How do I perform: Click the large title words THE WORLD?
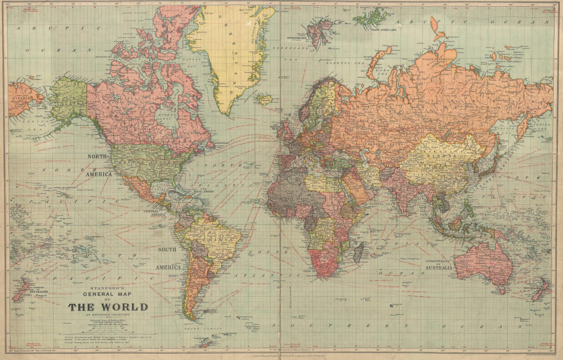108,306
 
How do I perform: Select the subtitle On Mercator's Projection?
108,315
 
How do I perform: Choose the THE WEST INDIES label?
204,192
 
